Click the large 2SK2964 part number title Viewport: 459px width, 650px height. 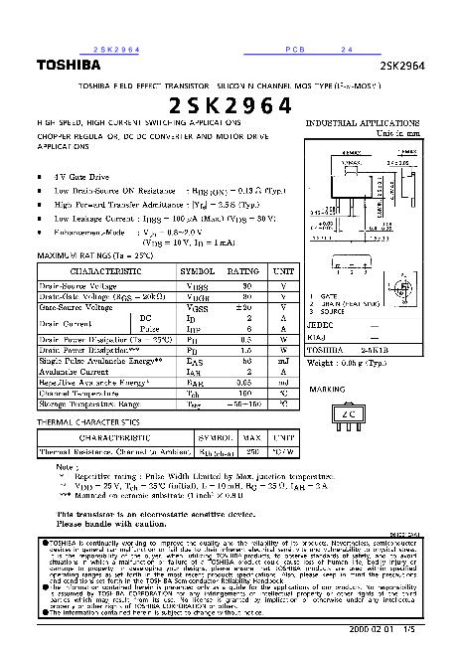pyautogui.click(x=229, y=104)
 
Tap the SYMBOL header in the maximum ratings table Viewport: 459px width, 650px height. pyautogui.click(x=195, y=270)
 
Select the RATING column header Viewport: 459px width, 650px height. pyautogui.click(x=243, y=270)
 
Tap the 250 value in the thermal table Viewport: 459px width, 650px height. pyautogui.click(x=252, y=451)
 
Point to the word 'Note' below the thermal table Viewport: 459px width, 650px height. pyautogui.click(x=66, y=465)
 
